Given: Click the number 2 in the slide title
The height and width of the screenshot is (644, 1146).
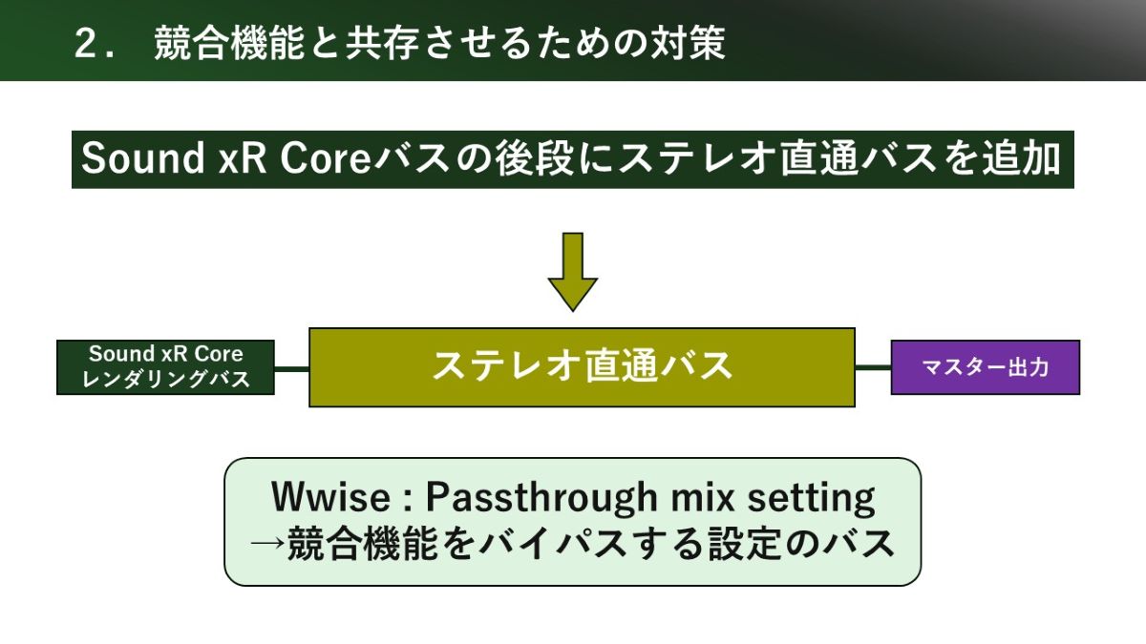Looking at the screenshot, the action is (86, 44).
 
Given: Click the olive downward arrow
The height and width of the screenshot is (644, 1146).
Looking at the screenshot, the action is (572, 272).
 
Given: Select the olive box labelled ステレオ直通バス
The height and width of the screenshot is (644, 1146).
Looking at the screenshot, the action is (582, 367).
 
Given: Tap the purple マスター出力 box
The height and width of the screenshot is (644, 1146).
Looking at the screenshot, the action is (986, 367).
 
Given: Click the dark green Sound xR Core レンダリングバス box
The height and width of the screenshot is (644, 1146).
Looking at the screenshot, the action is (165, 367).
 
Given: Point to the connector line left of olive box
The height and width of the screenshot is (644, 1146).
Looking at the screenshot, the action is (291, 367).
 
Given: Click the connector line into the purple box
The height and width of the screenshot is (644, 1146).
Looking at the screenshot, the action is (873, 367).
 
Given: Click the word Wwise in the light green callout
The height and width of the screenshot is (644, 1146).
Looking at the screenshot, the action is (330, 497).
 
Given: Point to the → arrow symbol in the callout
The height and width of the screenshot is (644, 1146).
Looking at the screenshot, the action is (267, 543).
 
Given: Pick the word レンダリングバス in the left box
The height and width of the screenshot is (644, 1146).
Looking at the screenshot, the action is (165, 380).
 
